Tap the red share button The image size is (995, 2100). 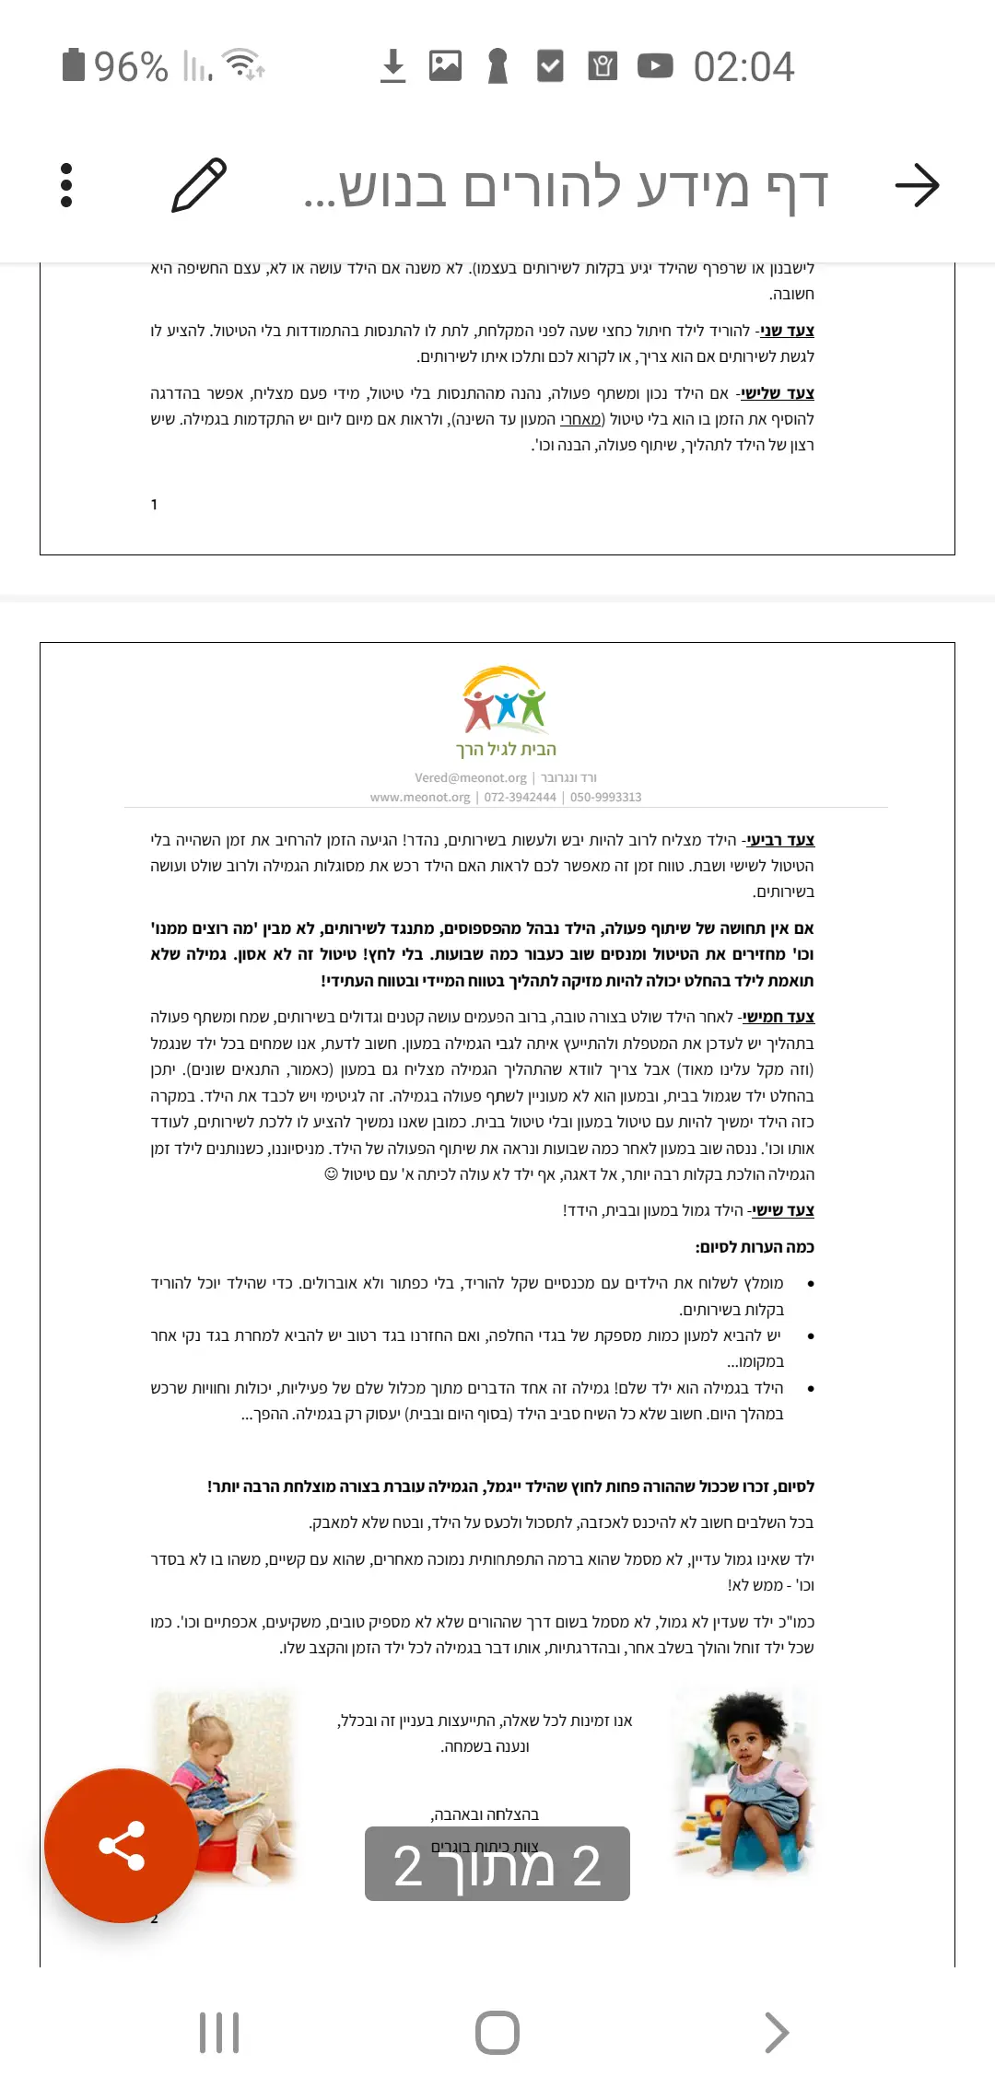coord(122,1846)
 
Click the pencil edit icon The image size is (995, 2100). coord(199,185)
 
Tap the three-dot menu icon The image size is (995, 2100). coord(66,185)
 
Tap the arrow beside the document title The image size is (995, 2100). coord(917,185)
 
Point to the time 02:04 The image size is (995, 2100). coord(743,67)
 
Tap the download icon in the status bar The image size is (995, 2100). coord(393,66)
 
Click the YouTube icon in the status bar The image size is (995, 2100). coord(655,66)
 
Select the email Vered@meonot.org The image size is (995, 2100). coord(471,777)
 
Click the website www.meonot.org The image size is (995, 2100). coord(420,798)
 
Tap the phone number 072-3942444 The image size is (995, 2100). coord(520,798)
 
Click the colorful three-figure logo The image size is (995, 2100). coord(504,700)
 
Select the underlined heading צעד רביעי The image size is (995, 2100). coord(780,840)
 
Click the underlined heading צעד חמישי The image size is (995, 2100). coord(779,1017)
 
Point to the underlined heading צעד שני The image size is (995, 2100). coord(788,331)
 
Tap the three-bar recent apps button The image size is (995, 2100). coord(219,2033)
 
